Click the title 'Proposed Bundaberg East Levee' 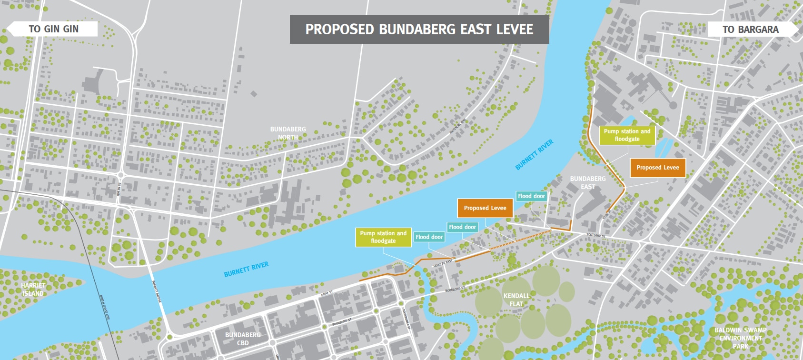[x=419, y=30]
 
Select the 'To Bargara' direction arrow [x=751, y=30]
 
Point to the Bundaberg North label [x=288, y=133]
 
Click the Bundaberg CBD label [x=243, y=339]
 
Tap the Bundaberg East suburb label [x=588, y=183]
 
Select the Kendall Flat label [x=516, y=300]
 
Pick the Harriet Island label [x=33, y=290]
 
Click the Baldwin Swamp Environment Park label [x=740, y=338]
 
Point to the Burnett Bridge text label [x=157, y=291]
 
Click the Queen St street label [x=119, y=189]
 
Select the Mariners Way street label [x=458, y=126]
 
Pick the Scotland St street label [x=595, y=235]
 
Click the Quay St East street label [x=443, y=263]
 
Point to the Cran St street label [x=607, y=214]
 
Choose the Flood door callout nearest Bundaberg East [x=531, y=196]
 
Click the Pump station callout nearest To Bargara [x=627, y=135]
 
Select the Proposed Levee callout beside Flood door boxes [x=485, y=208]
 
